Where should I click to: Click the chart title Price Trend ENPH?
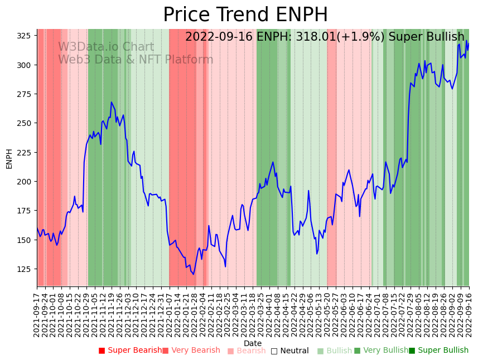(x=245, y=15)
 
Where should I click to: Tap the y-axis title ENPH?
(x=9, y=158)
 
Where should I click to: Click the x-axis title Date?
(x=253, y=343)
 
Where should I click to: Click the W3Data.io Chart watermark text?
(x=106, y=47)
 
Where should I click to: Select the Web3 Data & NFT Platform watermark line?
(x=136, y=60)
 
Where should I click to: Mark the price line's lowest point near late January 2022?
(x=194, y=274)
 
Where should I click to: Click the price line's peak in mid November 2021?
(x=112, y=103)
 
